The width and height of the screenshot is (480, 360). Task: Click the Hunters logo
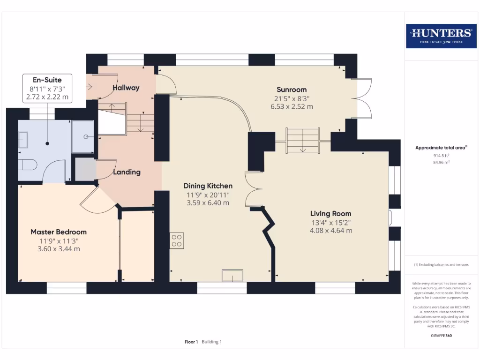(441, 36)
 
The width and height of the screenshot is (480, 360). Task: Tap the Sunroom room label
(291, 90)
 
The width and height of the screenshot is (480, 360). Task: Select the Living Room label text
(330, 214)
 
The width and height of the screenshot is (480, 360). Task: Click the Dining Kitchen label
(208, 186)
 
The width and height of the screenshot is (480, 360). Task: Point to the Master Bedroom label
(59, 232)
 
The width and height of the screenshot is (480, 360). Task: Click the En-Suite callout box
(47, 89)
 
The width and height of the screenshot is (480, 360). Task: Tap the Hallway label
(126, 88)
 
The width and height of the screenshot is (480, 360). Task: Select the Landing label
(127, 172)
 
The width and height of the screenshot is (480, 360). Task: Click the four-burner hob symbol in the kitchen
(177, 240)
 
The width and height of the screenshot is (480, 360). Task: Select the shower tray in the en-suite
(83, 136)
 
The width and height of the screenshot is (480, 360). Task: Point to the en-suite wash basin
(22, 139)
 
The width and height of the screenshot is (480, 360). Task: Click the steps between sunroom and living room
(302, 140)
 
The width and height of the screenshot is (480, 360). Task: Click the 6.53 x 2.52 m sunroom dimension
(291, 106)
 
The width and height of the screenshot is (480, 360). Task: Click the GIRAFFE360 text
(441, 336)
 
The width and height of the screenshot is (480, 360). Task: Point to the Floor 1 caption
(191, 342)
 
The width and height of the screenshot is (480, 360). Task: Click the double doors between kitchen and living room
(252, 189)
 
